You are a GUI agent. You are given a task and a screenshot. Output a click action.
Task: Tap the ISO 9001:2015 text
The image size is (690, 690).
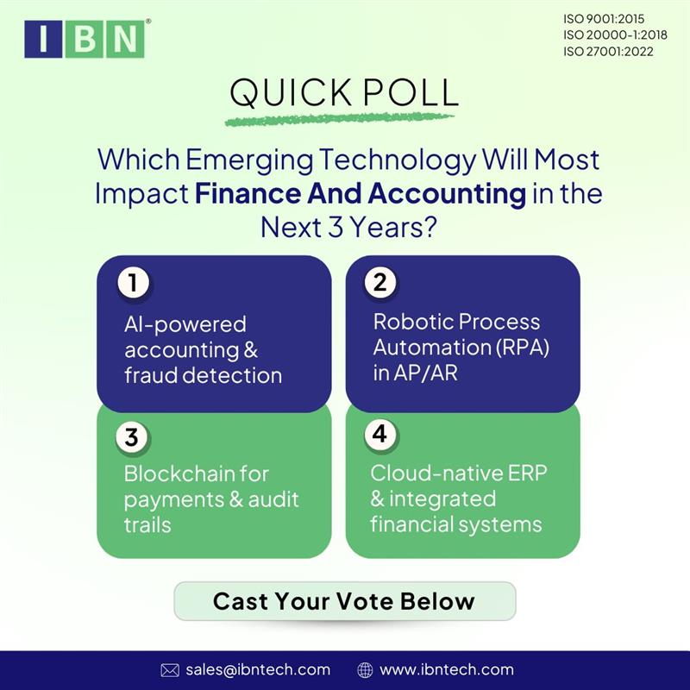pyautogui.click(x=603, y=18)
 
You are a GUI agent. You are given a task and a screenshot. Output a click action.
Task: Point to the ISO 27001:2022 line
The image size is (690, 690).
pyautogui.click(x=608, y=51)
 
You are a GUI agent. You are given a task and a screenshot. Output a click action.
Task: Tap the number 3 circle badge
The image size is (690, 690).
pyautogui.click(x=130, y=436)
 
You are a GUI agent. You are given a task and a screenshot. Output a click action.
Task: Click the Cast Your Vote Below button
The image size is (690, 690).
pyautogui.click(x=344, y=600)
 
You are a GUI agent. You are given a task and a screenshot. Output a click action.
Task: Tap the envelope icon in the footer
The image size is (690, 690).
pyautogui.click(x=170, y=670)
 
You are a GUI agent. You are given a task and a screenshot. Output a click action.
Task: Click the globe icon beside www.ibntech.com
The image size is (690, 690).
pyautogui.click(x=365, y=670)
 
